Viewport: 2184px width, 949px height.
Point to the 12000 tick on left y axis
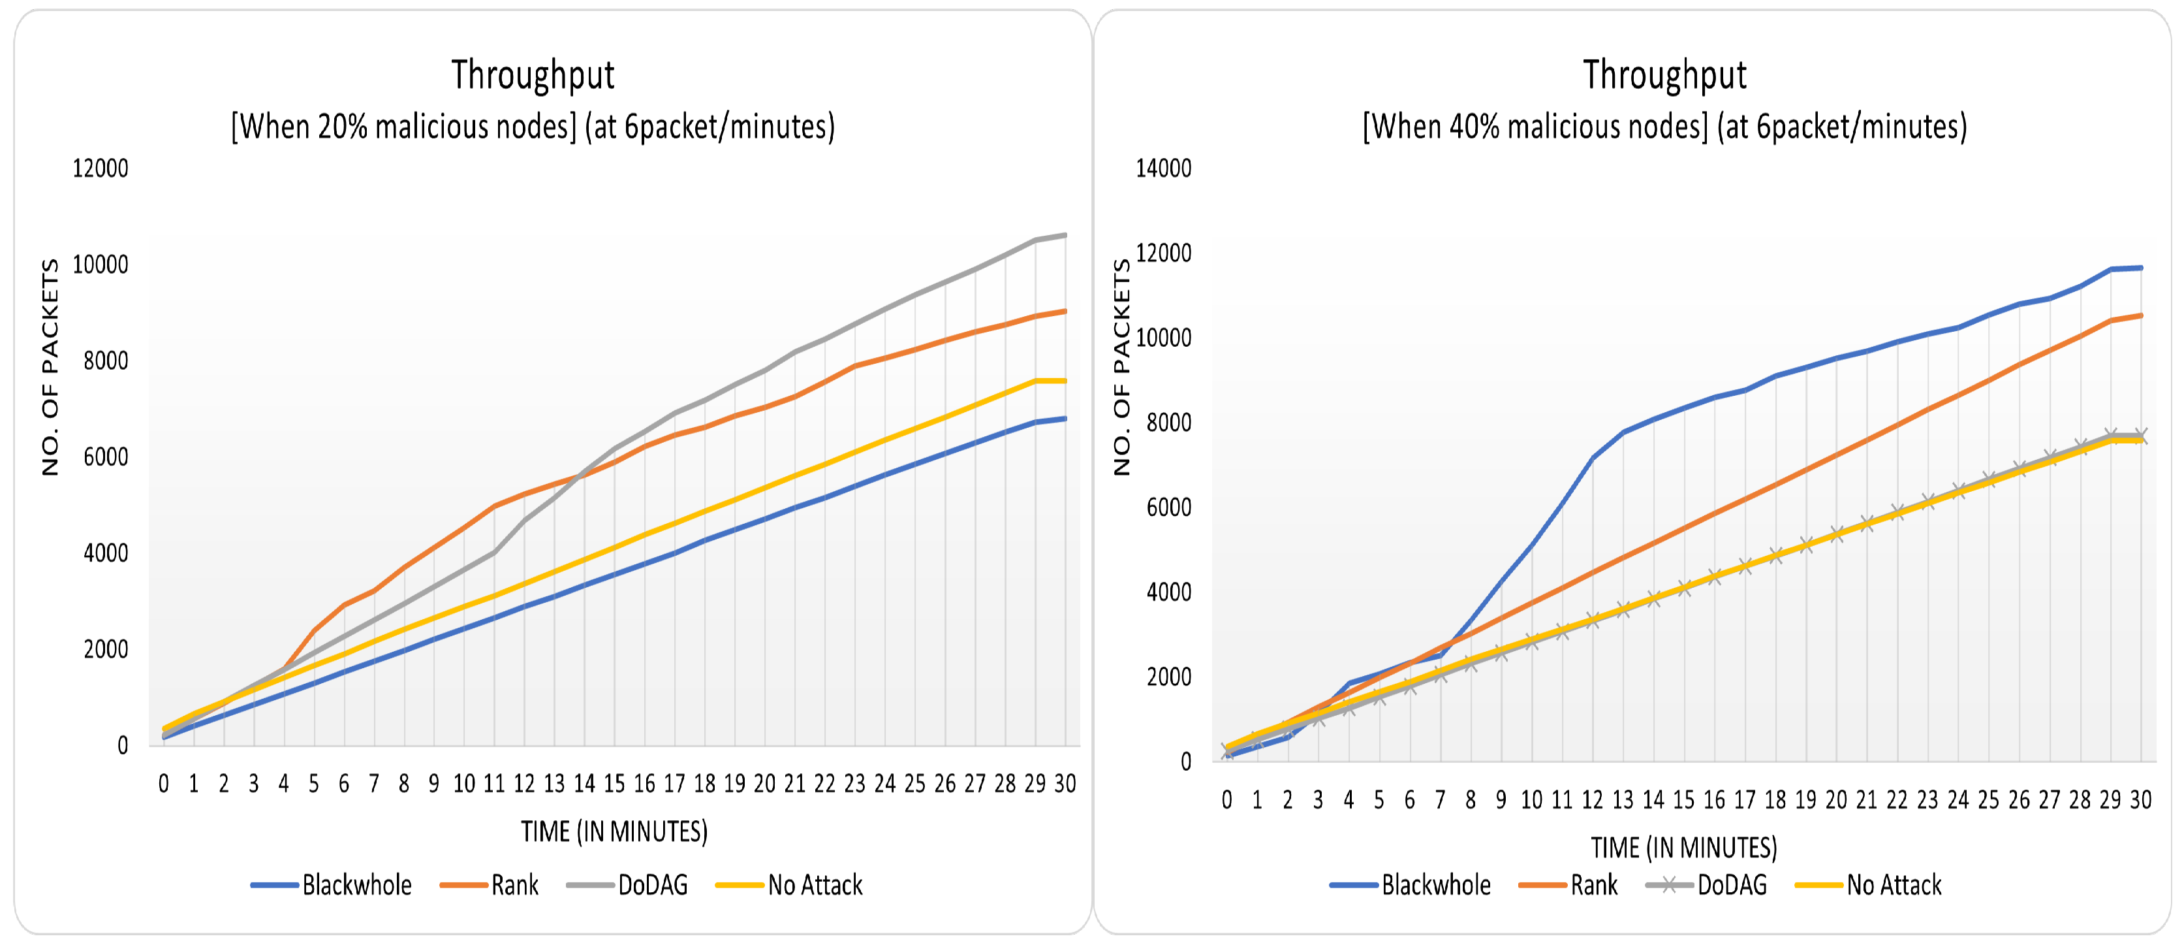click(x=100, y=168)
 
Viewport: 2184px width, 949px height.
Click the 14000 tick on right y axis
click(x=1163, y=168)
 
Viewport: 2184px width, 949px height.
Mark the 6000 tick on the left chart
click(x=105, y=457)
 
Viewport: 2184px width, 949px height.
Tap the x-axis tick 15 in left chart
click(x=614, y=784)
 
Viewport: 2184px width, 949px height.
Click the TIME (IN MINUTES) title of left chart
click(x=614, y=831)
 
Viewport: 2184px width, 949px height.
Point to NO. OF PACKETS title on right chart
click(x=1121, y=366)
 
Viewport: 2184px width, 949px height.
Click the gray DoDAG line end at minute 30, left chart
click(x=1065, y=235)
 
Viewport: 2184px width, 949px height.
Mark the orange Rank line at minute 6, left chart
click(x=344, y=605)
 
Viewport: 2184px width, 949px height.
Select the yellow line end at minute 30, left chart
click(x=1065, y=381)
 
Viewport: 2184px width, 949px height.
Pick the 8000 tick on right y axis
click(x=1168, y=423)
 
